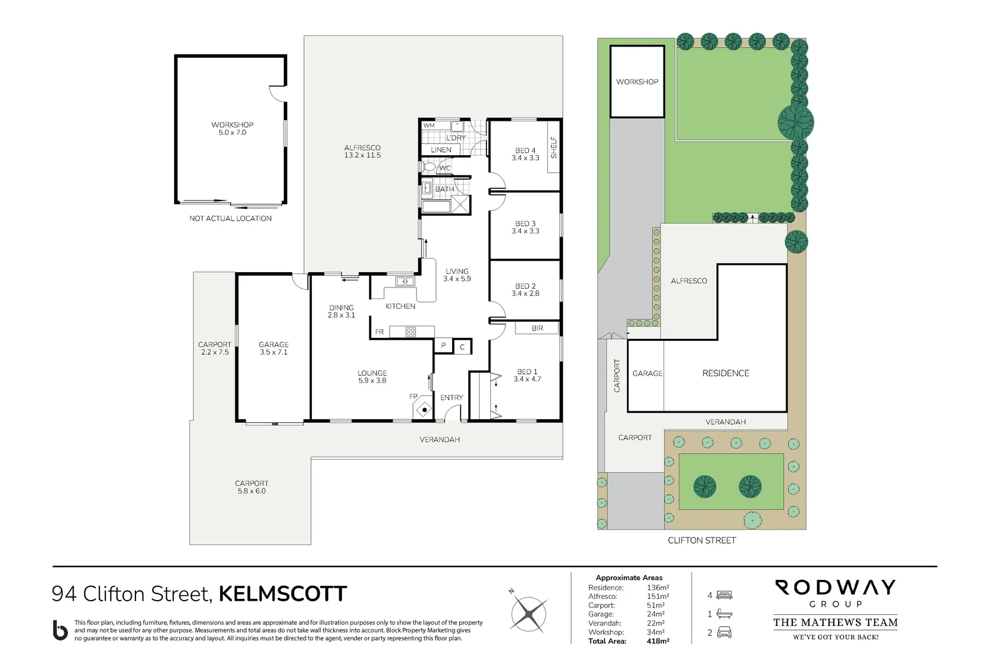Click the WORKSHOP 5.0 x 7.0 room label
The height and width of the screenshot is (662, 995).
(x=232, y=129)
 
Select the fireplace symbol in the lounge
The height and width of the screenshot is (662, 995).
(x=424, y=409)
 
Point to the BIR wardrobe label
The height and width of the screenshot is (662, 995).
(x=537, y=329)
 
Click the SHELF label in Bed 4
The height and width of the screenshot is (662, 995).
(x=554, y=147)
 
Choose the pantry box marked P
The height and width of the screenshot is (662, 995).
(x=444, y=346)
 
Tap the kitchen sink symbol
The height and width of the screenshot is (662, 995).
(x=405, y=281)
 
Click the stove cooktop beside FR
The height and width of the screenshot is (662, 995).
(x=410, y=332)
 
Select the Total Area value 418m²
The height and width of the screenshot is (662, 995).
(x=659, y=641)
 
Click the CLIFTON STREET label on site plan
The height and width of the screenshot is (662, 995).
(x=702, y=540)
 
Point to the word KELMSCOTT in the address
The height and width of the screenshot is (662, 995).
(x=282, y=594)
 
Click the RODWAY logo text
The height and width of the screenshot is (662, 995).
(x=836, y=588)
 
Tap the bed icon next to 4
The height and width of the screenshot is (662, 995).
(x=724, y=595)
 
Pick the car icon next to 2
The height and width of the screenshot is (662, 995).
(x=724, y=633)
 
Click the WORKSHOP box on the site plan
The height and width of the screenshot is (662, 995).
(x=637, y=82)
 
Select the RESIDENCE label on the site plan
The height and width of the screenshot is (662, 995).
(x=725, y=373)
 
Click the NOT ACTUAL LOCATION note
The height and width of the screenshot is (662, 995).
(x=230, y=218)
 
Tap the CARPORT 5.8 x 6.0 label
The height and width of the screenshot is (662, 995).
(x=252, y=487)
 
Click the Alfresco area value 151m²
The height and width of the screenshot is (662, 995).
(x=658, y=596)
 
